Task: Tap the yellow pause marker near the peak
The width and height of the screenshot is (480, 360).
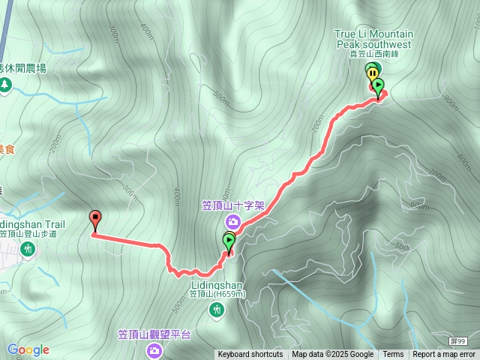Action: (372, 72)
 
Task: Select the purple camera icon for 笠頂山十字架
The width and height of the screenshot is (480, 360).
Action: (233, 221)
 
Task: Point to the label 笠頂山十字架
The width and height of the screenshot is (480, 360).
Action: (233, 204)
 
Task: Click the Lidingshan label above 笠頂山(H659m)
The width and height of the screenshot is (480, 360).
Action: (217, 285)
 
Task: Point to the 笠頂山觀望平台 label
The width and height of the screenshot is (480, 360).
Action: (155, 334)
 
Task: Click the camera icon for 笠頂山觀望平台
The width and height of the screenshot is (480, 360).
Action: (154, 349)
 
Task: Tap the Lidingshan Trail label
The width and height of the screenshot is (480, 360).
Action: (33, 224)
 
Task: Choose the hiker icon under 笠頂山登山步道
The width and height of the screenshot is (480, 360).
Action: (28, 248)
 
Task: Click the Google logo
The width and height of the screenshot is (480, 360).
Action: (28, 349)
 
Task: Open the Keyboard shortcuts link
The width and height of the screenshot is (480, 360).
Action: (250, 355)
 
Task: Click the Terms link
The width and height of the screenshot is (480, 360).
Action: (393, 355)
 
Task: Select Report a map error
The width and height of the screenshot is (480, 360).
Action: (444, 355)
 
